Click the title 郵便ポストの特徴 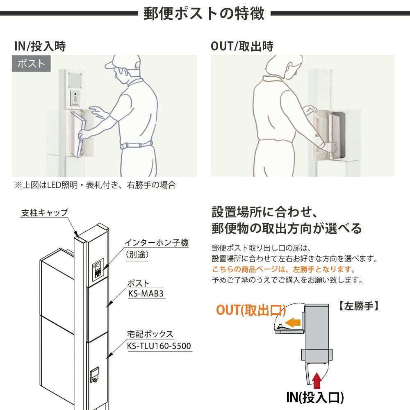pos(204,14)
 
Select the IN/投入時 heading pos(40,46)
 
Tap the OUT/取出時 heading pos(242,46)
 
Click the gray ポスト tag pos(31,64)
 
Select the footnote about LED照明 pos(95,185)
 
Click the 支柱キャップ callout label pos(44,212)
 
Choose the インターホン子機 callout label pos(156,243)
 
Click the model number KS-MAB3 pos(146,294)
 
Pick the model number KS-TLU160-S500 pos(159,346)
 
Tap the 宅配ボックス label pos(150,334)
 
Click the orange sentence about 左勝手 pos(283,269)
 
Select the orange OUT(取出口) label pos(251,310)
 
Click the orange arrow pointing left pos(292,322)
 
